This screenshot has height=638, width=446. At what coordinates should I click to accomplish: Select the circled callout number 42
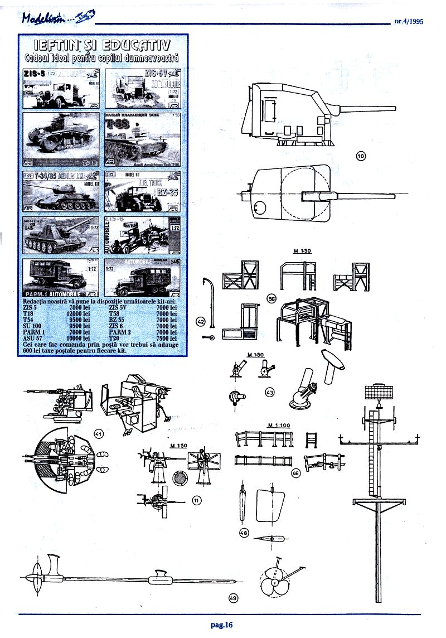[201, 321]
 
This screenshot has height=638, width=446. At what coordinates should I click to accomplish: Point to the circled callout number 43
[270, 393]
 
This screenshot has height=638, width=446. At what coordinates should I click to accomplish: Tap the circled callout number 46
[296, 473]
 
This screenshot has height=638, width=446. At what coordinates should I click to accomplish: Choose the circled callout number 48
[243, 533]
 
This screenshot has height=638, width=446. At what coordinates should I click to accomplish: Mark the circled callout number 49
[233, 598]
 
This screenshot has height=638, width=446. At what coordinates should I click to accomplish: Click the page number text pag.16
[221, 625]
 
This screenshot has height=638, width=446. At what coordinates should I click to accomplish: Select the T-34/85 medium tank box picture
[61, 191]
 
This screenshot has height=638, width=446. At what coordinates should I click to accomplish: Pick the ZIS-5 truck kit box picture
[61, 88]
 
